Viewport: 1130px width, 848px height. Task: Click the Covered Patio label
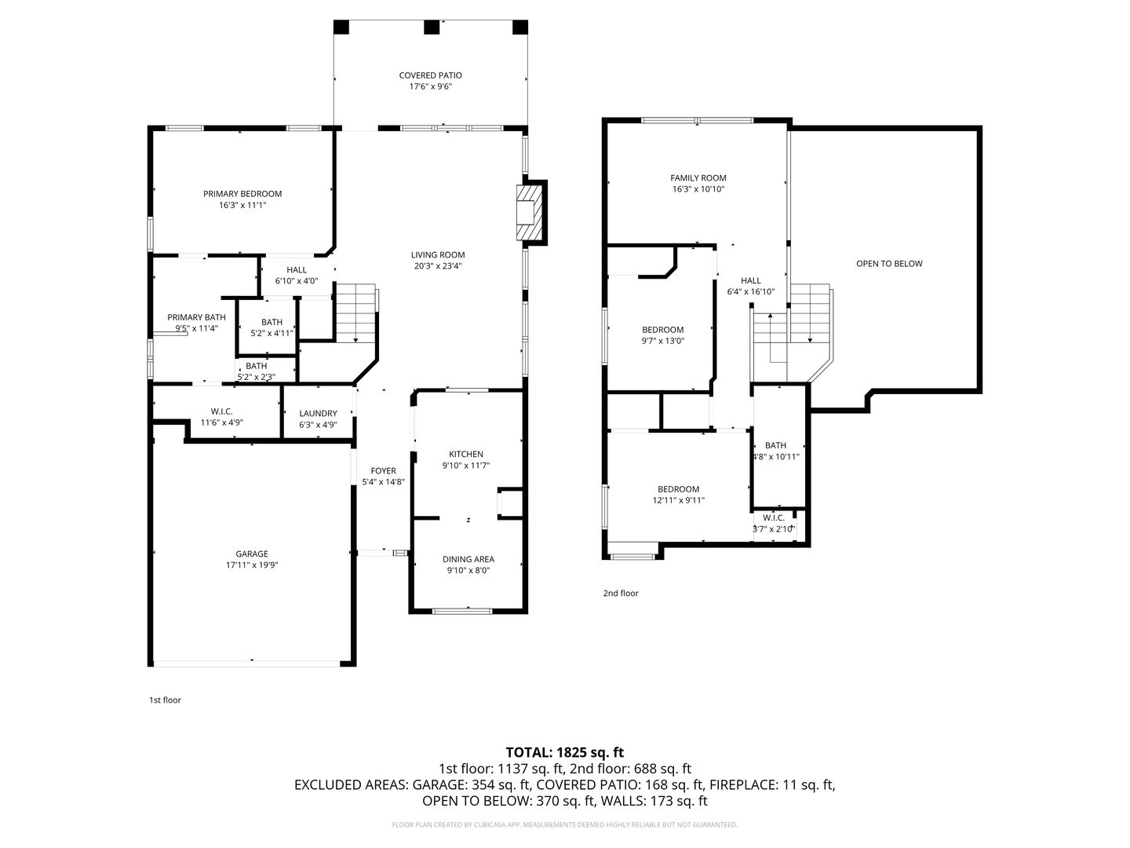430,75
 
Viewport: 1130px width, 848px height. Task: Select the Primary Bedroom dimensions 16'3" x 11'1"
242,206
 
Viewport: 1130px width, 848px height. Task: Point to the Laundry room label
318,414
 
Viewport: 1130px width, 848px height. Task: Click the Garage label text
252,554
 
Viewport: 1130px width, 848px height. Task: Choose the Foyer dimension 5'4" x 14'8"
384,482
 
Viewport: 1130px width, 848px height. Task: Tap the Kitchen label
466,454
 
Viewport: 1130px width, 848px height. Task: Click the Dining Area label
468,559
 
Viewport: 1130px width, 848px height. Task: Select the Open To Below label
889,264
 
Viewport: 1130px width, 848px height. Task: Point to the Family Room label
698,178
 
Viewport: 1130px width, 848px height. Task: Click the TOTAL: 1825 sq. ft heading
565,753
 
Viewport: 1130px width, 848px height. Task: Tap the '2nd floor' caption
621,593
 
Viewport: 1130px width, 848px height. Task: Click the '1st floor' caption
166,700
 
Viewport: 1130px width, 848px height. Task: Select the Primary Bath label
197,318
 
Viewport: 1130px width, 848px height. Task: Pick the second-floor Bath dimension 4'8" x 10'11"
776,457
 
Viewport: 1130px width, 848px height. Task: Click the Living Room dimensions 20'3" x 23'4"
438,266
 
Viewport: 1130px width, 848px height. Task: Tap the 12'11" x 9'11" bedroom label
679,500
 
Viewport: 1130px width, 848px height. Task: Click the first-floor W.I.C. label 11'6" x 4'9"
221,418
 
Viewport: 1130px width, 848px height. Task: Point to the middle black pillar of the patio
432,27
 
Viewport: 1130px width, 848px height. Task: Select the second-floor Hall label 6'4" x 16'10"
751,287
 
